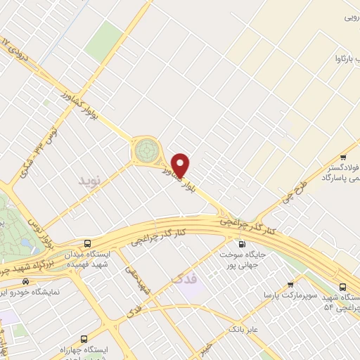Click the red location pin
point(181,165)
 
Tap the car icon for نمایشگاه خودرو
point(26,281)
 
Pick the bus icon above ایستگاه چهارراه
point(85,339)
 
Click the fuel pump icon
point(242,243)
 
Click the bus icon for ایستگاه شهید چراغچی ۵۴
point(342,286)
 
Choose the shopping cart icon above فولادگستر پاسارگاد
point(342,157)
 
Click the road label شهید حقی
point(136,279)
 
